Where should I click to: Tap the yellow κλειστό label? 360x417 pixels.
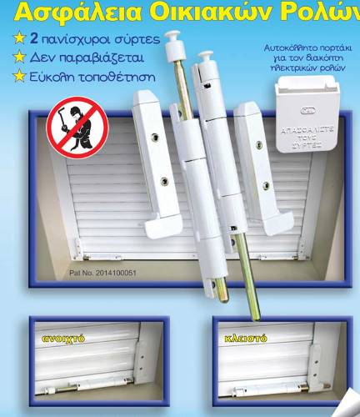(243, 339)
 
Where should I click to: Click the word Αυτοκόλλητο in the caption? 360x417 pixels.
(285, 50)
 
